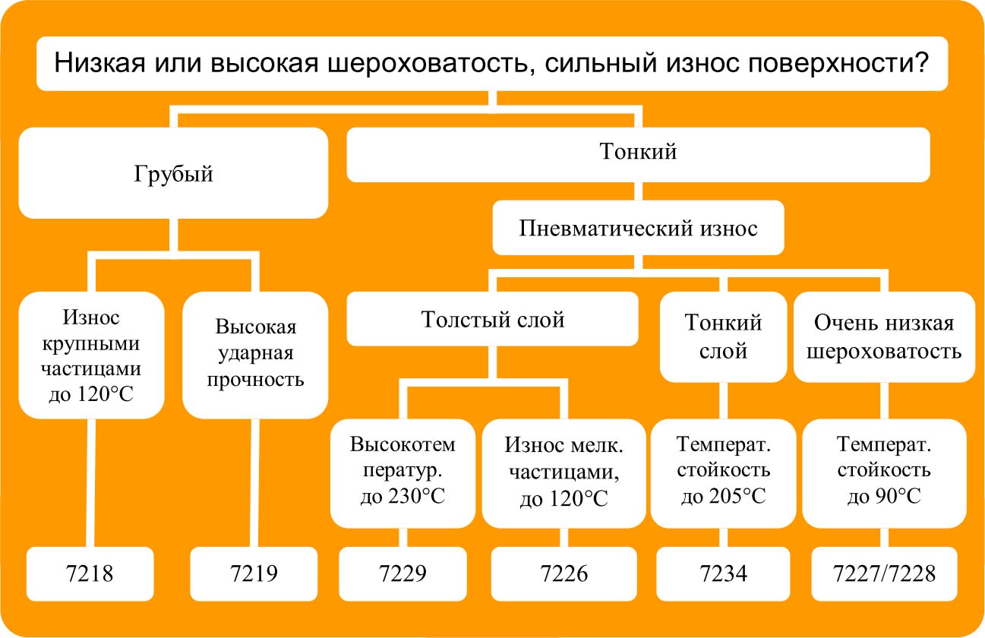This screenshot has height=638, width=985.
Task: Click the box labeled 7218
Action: (90, 573)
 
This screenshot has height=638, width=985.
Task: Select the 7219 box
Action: (254, 573)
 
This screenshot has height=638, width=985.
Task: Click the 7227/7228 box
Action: (882, 573)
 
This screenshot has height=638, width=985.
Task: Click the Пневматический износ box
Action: (638, 228)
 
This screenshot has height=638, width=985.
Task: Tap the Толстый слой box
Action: (492, 320)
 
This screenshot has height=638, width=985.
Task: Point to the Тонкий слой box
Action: (723, 336)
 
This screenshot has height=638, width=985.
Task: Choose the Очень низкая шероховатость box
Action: (883, 336)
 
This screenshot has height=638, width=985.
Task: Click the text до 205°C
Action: (723, 497)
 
